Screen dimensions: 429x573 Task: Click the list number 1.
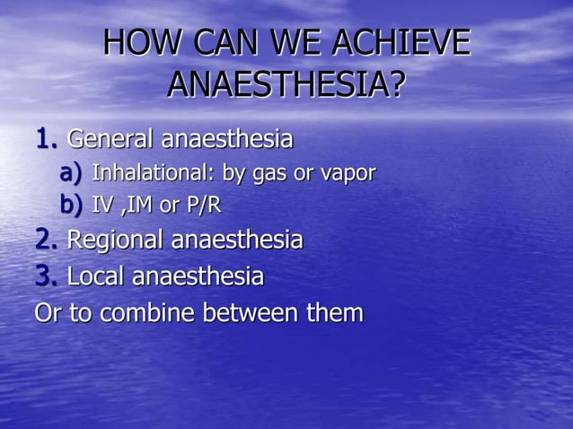(x=47, y=139)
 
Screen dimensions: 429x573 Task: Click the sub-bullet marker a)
(x=71, y=172)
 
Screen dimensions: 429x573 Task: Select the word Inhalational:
(x=148, y=172)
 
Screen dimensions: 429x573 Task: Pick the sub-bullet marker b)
(x=71, y=206)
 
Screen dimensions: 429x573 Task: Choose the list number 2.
(x=47, y=240)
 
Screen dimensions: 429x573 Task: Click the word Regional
(x=116, y=241)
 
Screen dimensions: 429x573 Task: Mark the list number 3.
(x=47, y=276)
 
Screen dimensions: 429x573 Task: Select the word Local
(x=96, y=276)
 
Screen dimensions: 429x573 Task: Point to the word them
(x=336, y=313)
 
